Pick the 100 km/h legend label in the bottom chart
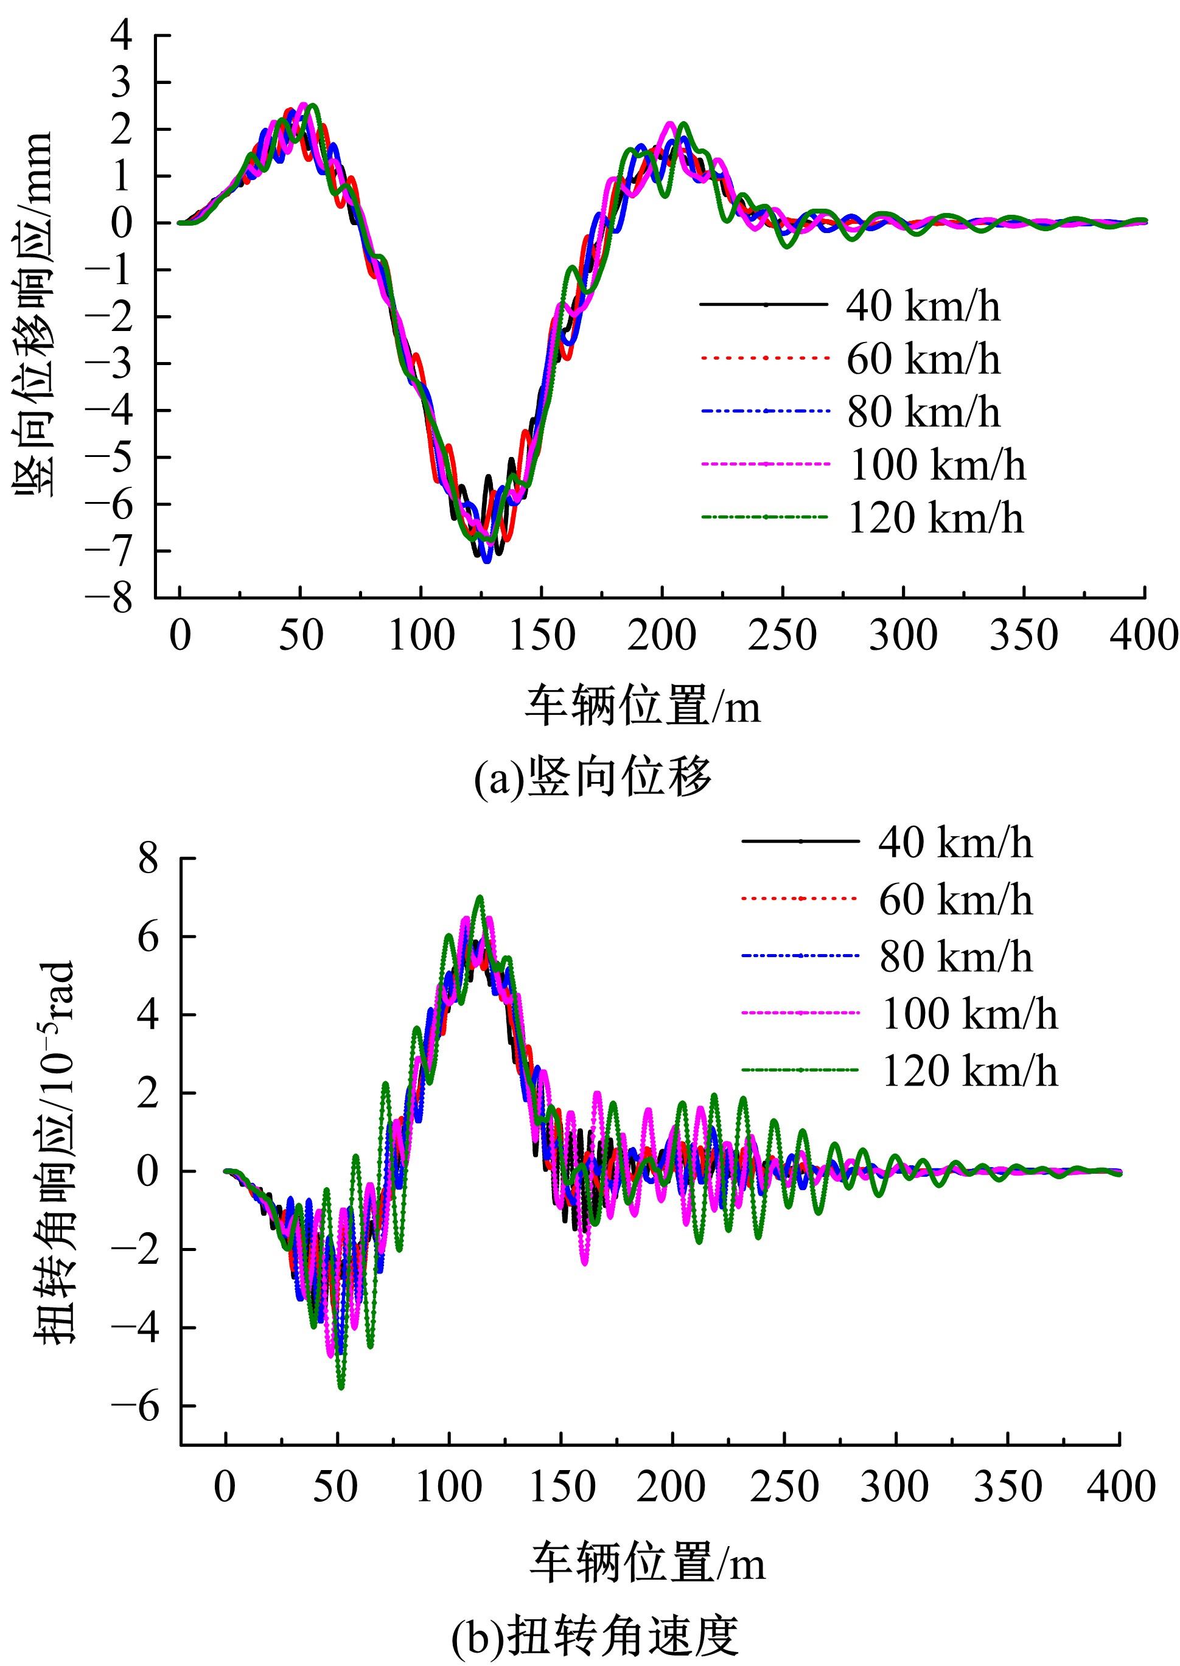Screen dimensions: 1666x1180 (x=969, y=1014)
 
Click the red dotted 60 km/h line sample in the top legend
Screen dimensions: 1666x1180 (x=764, y=358)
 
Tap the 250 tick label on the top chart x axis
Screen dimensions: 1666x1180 (x=782, y=636)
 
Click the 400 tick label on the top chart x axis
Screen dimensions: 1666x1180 (x=1143, y=636)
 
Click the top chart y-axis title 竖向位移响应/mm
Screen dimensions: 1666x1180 (x=34, y=314)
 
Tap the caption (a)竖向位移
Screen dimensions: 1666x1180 (x=592, y=778)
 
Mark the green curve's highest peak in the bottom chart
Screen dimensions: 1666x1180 (x=479, y=898)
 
